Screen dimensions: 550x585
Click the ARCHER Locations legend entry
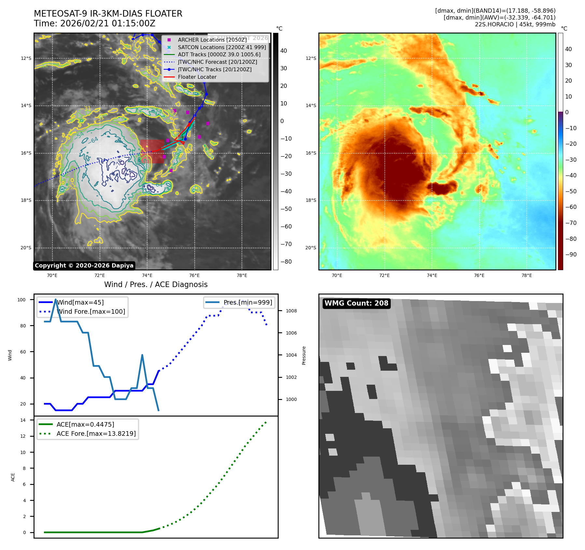pos(212,40)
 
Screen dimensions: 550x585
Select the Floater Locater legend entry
pos(197,77)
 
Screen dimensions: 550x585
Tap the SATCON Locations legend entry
pos(221,47)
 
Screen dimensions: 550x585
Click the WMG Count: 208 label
pos(356,303)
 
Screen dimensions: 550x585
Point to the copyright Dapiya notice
pos(84,266)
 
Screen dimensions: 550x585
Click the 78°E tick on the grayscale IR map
pos(242,275)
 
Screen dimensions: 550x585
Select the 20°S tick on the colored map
pos(311,248)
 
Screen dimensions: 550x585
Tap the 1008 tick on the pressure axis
pos(291,311)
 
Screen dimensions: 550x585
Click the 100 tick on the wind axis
pos(21,300)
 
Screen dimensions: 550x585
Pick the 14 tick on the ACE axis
pos(23,420)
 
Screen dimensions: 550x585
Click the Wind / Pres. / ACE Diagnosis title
pos(156,284)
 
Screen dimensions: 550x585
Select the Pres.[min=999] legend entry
pos(247,302)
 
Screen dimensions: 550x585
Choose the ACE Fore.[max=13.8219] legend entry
pos(96,433)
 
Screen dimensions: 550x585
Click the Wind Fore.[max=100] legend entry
pos(91,311)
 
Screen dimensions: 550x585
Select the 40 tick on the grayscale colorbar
pos(284,51)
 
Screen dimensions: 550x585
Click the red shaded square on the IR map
pos(152,151)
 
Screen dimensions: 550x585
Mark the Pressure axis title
pos(304,355)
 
